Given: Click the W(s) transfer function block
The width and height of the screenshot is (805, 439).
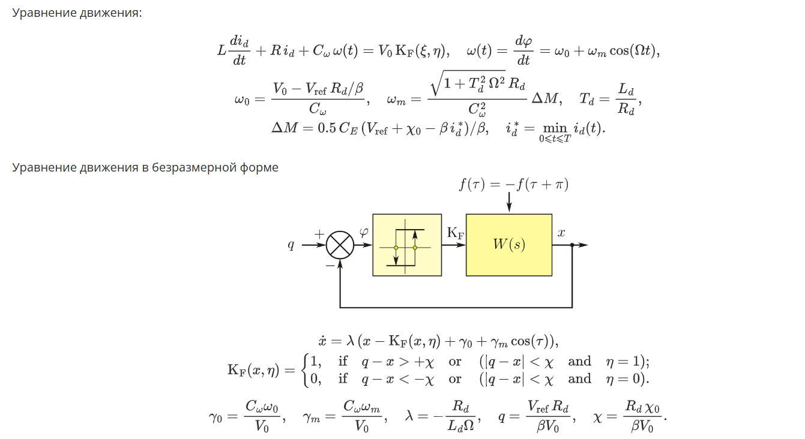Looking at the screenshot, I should [x=509, y=245].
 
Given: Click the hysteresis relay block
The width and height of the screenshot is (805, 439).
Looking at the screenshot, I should [x=407, y=245].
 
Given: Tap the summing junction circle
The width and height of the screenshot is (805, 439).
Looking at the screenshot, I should [x=340, y=245].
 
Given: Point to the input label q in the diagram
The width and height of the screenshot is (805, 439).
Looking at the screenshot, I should [x=291, y=245].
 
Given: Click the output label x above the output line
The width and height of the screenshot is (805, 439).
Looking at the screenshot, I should [x=561, y=233].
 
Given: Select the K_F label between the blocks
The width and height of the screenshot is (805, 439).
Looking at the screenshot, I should [x=455, y=233].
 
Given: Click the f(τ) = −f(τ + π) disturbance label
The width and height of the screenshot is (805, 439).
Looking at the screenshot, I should [x=513, y=184].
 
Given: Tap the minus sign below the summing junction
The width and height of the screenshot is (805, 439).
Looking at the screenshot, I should [x=330, y=264].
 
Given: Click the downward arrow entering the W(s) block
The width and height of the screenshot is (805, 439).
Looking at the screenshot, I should [x=509, y=203].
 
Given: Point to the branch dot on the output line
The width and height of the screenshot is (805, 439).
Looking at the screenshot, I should [x=572, y=245].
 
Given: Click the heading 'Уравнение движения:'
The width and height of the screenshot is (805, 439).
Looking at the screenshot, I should [x=77, y=13].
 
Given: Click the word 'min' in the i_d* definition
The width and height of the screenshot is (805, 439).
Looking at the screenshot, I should [x=555, y=128].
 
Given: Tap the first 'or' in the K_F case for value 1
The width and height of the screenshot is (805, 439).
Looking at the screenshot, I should [x=455, y=362].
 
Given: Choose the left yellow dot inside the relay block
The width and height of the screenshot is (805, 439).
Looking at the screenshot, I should [x=396, y=248].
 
